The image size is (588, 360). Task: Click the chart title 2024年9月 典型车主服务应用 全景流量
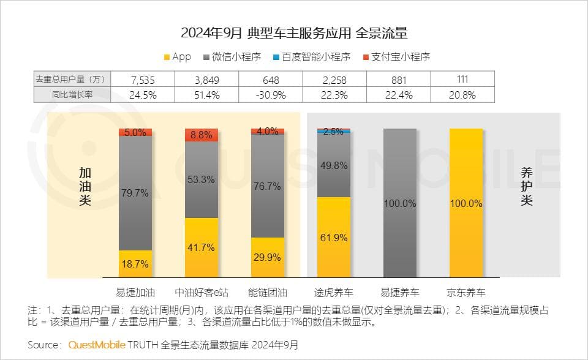[x=294, y=32]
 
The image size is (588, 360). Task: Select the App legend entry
[x=178, y=57]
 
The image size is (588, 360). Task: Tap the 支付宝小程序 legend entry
[x=396, y=57]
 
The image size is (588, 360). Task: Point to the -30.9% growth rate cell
[x=270, y=95]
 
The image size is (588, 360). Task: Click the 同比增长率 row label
[x=72, y=95]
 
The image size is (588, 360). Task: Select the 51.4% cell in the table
[x=206, y=95]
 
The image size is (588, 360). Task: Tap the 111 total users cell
[x=463, y=80]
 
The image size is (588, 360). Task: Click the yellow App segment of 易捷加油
[x=135, y=264]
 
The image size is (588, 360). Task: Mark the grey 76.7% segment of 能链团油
[x=268, y=186]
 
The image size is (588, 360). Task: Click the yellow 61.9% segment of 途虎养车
[x=334, y=238]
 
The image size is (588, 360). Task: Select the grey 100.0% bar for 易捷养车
[x=399, y=203]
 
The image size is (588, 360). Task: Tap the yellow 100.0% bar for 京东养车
[x=466, y=203]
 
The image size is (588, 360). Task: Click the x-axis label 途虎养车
[x=334, y=291]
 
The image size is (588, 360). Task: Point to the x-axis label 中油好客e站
[x=202, y=291]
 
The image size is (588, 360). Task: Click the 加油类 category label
[x=85, y=187]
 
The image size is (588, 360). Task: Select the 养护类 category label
[x=526, y=187]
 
